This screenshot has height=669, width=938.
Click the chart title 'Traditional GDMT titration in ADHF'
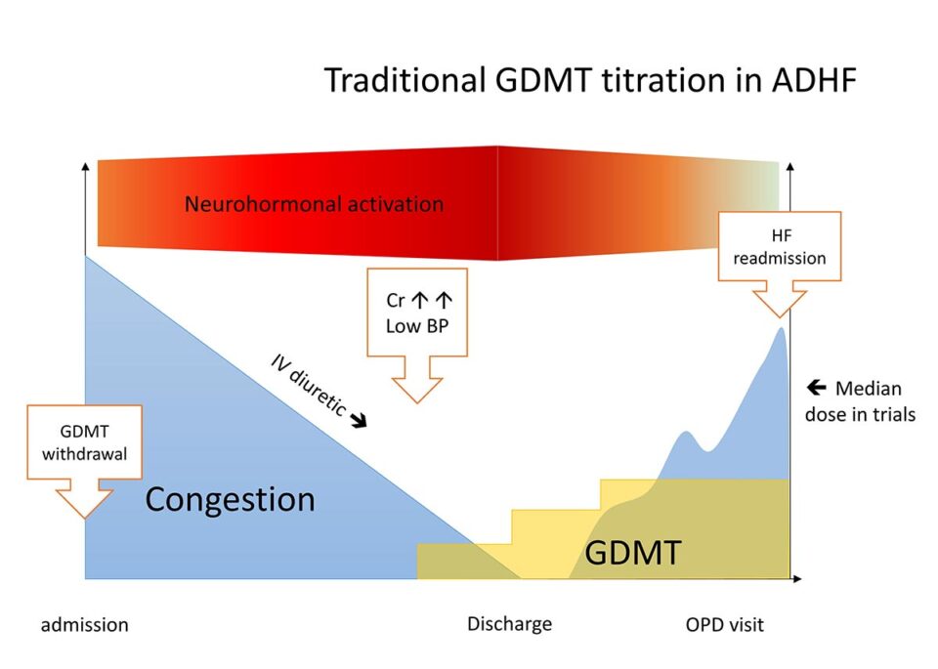tap(590, 79)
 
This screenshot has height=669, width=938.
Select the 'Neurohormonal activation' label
tap(314, 204)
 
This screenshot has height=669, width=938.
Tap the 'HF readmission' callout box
tap(779, 246)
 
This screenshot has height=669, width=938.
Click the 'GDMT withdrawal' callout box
tap(85, 443)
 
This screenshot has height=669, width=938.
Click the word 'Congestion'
tap(230, 499)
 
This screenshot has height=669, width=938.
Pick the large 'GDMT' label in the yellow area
tap(632, 553)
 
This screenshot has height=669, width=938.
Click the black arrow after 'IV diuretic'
tap(359, 421)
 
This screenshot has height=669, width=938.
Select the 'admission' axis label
tap(84, 624)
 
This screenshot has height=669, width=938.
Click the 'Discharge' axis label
tap(509, 624)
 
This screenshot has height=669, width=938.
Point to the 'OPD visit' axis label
tap(724, 624)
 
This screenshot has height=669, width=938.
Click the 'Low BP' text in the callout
tap(417, 326)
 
